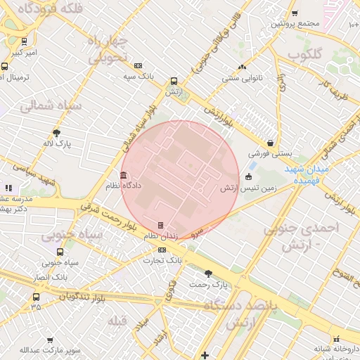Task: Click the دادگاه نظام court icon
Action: point(124,175)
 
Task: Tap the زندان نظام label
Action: point(160,236)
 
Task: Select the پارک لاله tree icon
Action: point(56,132)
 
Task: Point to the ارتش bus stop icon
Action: point(174,81)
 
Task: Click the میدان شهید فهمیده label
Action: point(307,175)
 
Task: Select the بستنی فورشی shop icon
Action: point(270,143)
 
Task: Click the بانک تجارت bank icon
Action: point(163,249)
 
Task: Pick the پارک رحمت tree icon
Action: point(208,273)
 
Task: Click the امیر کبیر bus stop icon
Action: point(25,41)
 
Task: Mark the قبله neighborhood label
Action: point(117,321)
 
